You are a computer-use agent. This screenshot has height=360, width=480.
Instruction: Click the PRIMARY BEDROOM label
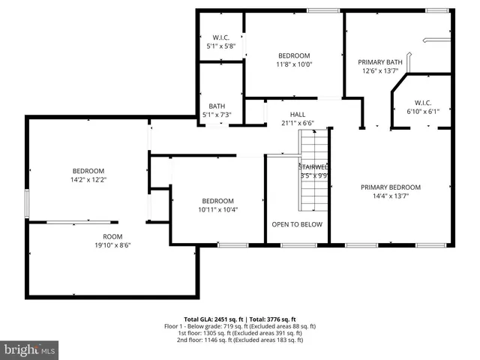point(390,187)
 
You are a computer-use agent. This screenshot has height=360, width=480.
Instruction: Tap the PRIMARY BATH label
point(380,62)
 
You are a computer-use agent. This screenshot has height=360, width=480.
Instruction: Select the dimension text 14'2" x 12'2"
point(88,180)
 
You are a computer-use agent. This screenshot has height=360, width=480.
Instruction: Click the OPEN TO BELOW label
point(297,224)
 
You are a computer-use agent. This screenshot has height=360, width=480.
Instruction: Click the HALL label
point(297,115)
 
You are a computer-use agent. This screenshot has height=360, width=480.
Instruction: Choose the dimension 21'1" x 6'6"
point(297,123)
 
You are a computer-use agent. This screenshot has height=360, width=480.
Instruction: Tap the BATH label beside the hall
point(217,106)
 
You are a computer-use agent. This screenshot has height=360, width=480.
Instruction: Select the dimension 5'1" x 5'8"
point(221,46)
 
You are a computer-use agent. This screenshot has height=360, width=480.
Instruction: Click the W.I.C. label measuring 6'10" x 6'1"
point(422,103)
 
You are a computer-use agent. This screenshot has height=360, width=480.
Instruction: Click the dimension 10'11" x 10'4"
point(217,209)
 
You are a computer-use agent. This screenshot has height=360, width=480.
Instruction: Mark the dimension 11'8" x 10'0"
point(294,64)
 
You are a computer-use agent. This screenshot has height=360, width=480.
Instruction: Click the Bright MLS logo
point(30,349)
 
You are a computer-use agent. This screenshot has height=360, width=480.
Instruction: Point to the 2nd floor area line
point(240,340)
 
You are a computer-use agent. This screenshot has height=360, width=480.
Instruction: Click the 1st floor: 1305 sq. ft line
point(240,333)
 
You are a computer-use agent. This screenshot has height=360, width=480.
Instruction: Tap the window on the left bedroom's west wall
point(27,202)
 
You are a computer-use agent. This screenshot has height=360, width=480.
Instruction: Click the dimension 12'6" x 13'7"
point(380,71)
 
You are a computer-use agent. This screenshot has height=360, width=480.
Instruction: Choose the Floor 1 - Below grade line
point(240,326)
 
